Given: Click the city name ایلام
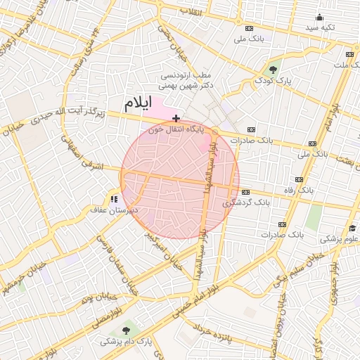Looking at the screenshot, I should pyautogui.click(x=138, y=103).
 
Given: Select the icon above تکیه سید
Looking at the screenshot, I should pyautogui.click(x=320, y=18).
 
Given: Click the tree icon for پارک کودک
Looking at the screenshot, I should pyautogui.click(x=273, y=69).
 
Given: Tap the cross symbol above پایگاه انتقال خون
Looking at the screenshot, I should pyautogui.click(x=176, y=118).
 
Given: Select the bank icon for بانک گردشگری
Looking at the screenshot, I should pyautogui.click(x=245, y=192).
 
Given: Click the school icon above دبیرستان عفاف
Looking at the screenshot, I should pyautogui.click(x=113, y=199).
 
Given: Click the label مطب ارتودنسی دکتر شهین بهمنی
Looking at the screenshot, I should pyautogui.click(x=186, y=79).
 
